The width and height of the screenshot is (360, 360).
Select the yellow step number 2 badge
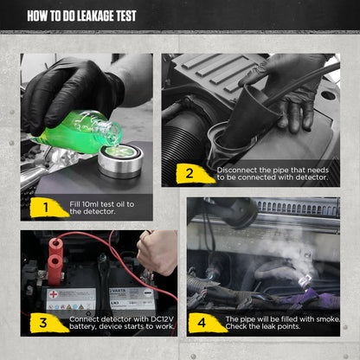(x=189, y=174)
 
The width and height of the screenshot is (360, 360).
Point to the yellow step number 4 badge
(x=202, y=322)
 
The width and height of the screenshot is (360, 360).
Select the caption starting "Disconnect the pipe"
(x=273, y=174)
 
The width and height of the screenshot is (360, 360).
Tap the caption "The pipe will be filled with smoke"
(x=278, y=318)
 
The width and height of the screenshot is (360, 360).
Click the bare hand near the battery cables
(x=159, y=251)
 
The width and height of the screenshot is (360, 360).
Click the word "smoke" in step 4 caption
(x=321, y=318)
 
